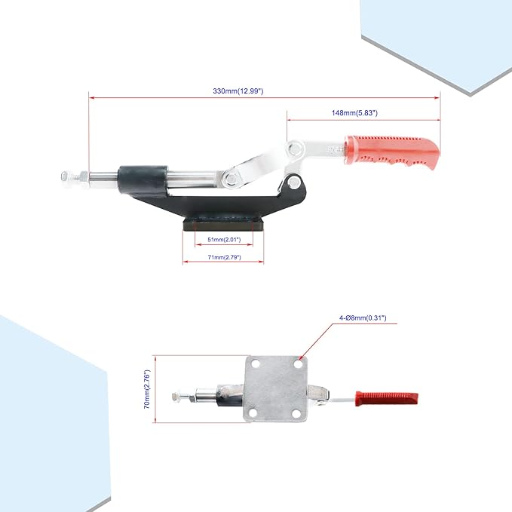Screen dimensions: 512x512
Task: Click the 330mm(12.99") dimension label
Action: tap(238, 91)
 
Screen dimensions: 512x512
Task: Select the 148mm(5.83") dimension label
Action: tap(354, 113)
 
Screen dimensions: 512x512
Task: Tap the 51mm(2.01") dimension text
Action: tap(224, 240)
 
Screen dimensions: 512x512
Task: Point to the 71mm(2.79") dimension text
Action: tap(224, 257)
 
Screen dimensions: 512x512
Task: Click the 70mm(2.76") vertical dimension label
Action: tap(147, 389)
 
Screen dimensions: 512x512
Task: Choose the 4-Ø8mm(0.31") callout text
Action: tap(363, 317)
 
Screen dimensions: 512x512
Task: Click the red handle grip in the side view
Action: tap(392, 153)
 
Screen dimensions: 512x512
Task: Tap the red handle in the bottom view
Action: tap(387, 399)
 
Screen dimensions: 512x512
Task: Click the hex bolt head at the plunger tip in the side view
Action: tap(66, 176)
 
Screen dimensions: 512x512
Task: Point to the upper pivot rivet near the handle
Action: tap(295, 149)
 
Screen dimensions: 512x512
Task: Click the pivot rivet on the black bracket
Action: tap(294, 182)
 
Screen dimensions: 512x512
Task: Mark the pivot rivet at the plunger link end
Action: tap(231, 179)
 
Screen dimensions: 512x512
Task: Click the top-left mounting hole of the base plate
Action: tap(256, 363)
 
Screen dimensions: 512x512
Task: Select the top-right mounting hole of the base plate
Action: tap(298, 363)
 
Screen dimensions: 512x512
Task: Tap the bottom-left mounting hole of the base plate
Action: tap(255, 413)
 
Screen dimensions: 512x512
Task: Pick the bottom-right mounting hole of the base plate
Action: tap(296, 414)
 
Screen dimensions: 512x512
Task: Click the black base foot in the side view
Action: tap(223, 225)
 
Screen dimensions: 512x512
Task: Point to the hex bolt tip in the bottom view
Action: tap(176, 397)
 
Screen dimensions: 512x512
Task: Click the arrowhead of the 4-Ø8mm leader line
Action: tap(300, 359)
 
